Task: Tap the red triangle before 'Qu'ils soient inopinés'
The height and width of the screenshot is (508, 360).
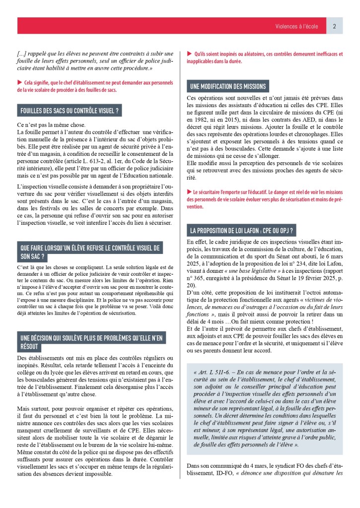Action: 189,54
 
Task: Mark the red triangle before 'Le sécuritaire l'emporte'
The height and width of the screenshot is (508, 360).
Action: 189,191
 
